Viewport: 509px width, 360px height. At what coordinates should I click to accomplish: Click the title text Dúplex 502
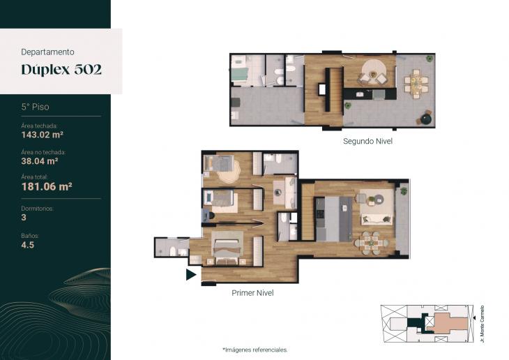[61, 70]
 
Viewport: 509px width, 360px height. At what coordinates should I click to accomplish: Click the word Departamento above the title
[48, 51]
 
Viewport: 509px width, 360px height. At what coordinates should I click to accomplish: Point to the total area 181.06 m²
[47, 186]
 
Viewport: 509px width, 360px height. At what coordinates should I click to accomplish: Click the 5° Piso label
[35, 107]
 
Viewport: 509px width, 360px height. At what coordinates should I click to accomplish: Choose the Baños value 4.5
[27, 245]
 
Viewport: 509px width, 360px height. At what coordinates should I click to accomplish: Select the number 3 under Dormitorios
[24, 217]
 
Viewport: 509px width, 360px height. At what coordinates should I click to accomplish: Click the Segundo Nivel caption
[367, 141]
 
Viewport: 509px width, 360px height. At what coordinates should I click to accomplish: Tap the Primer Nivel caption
[252, 293]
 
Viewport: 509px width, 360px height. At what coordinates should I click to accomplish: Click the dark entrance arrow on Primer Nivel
[190, 275]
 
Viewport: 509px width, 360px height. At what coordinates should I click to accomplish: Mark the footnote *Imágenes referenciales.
[254, 350]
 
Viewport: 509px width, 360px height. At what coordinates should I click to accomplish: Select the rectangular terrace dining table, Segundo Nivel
[417, 83]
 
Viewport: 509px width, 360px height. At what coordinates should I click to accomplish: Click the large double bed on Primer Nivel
[227, 248]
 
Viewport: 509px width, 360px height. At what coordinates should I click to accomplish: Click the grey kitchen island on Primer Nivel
[342, 218]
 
